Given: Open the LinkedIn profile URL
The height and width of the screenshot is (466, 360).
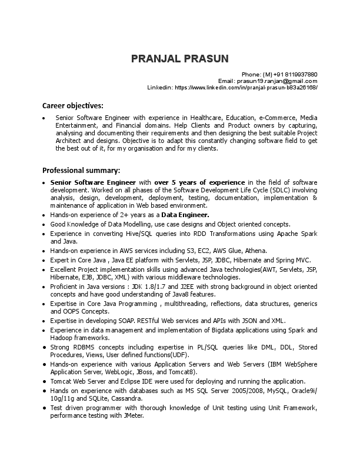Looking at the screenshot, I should click(246, 87).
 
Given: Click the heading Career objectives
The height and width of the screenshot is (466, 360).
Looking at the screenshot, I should click(72, 106).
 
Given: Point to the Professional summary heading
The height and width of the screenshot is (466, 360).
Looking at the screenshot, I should click(81, 170).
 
